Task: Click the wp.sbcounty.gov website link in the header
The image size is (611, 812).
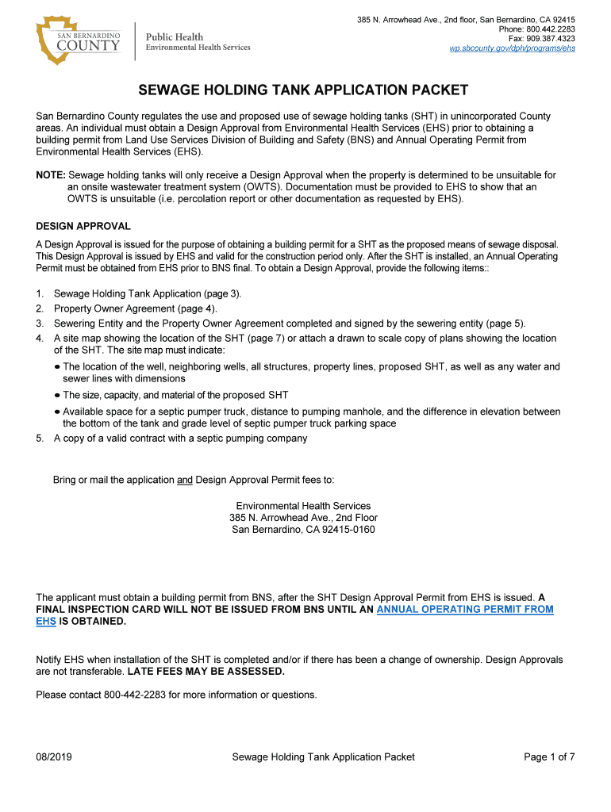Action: [512, 48]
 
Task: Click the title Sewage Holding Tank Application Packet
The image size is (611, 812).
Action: [304, 90]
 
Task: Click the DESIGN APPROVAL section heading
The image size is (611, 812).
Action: [83, 227]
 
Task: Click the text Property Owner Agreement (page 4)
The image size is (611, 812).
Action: [135, 309]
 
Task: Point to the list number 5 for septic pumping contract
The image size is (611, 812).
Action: [40, 439]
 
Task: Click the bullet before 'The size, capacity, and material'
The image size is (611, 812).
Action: [57, 395]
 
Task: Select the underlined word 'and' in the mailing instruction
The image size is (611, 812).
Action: [184, 480]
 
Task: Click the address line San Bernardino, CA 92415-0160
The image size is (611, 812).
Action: [303, 530]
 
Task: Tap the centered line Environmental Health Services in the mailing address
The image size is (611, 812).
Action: [303, 506]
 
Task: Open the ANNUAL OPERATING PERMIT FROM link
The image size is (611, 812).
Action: [464, 609]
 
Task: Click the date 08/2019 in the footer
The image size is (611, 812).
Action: [54, 757]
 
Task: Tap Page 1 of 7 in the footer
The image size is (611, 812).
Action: [549, 757]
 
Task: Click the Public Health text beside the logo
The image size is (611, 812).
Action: [175, 36]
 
